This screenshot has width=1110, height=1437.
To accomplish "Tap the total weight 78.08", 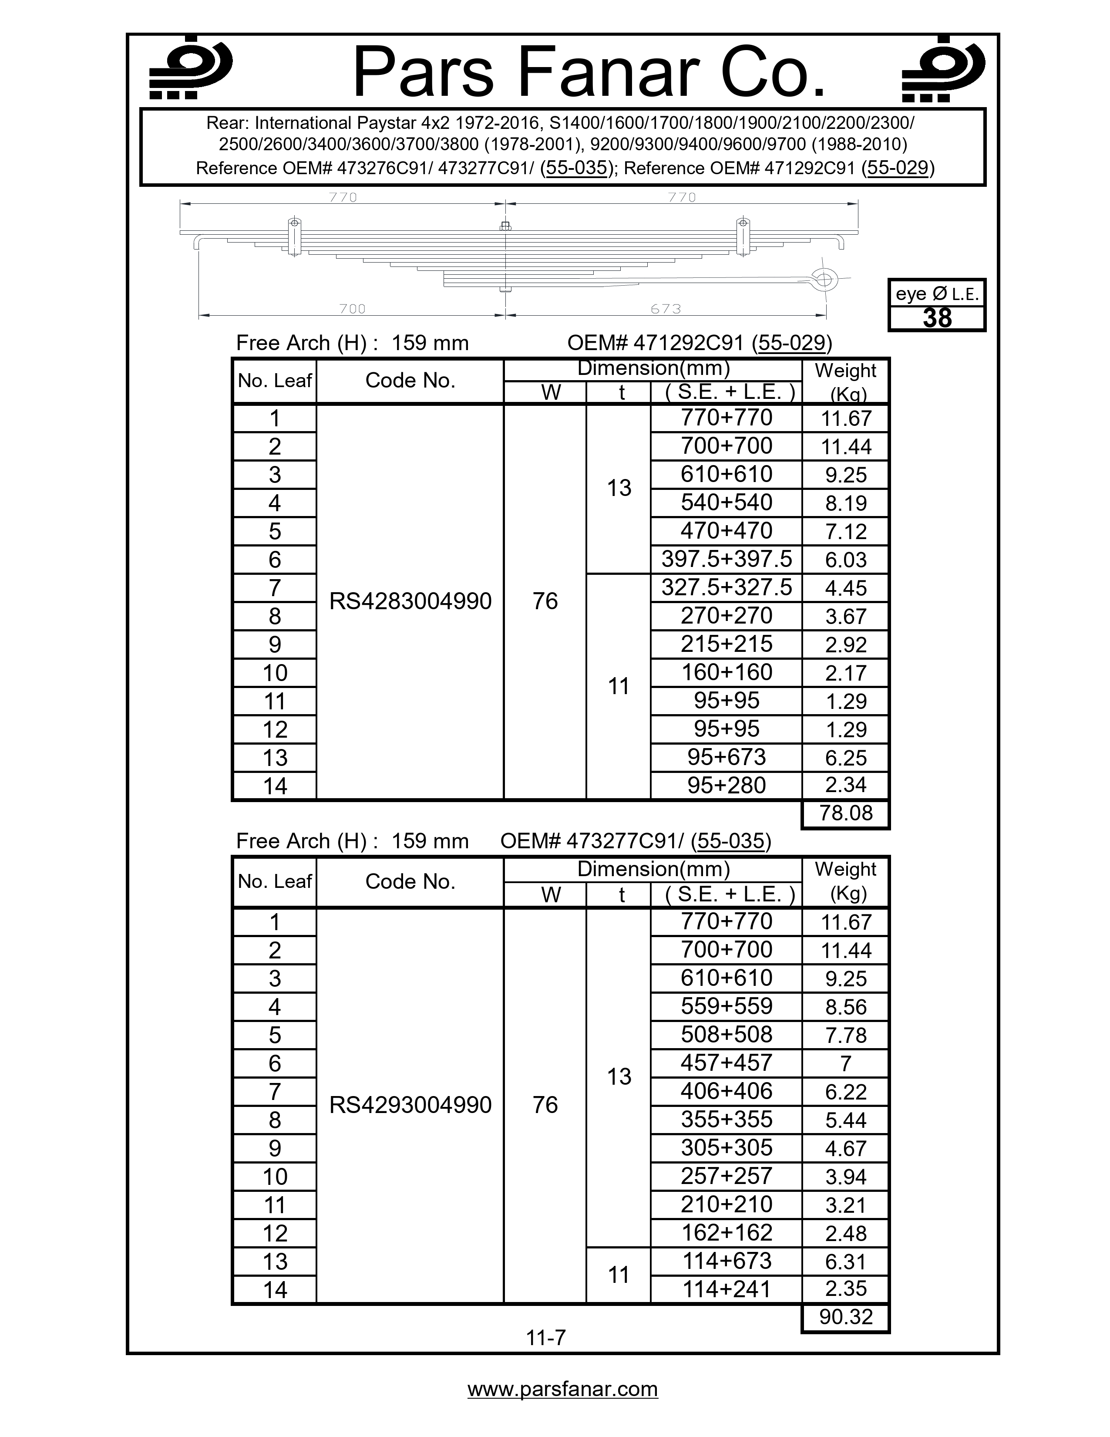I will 846,813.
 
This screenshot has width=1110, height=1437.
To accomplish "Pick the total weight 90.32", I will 846,1316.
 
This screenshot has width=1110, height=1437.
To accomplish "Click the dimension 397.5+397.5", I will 726,559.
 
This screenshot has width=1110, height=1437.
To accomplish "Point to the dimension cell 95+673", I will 726,757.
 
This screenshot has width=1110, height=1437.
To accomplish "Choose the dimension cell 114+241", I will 726,1289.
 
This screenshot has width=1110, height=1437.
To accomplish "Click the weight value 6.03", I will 846,560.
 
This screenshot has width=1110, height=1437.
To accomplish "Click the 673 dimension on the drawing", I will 666,309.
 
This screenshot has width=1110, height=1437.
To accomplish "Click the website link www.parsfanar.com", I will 562,1389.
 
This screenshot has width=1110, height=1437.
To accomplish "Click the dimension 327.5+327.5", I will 726,587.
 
